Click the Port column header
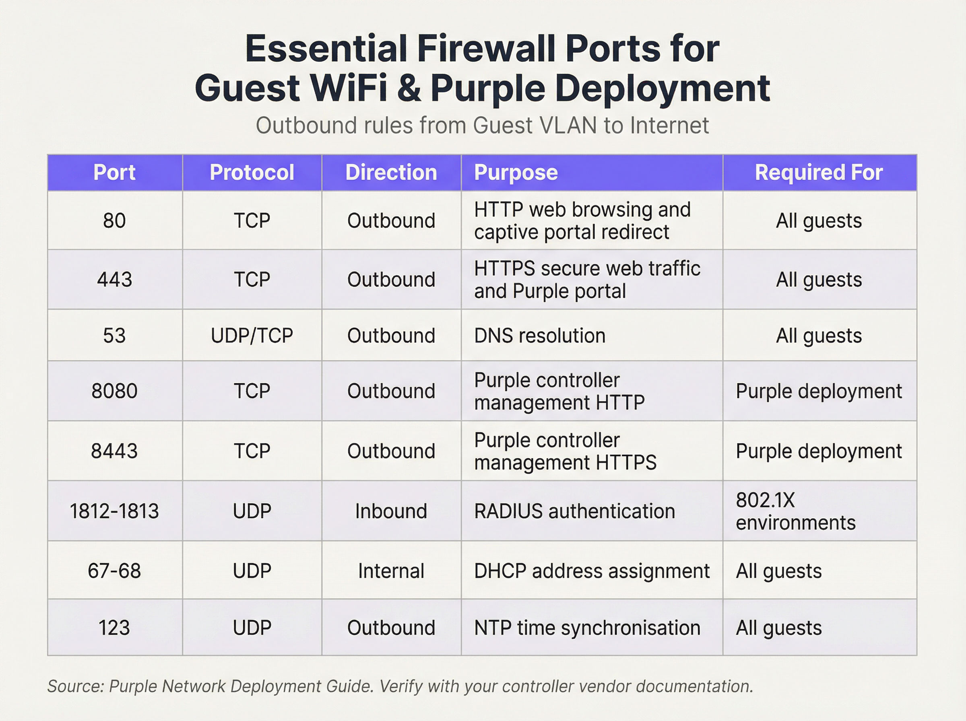click(114, 172)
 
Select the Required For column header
click(819, 172)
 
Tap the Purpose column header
click(516, 172)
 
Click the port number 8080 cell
click(114, 391)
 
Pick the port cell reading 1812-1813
click(114, 511)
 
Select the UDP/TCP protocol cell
click(252, 336)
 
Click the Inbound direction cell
click(391, 511)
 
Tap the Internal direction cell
click(391, 571)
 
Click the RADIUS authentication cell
click(574, 511)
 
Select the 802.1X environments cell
click(795, 511)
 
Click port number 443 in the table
click(114, 279)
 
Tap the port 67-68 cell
click(114, 571)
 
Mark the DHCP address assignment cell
click(592, 571)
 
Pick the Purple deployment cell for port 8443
click(819, 451)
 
